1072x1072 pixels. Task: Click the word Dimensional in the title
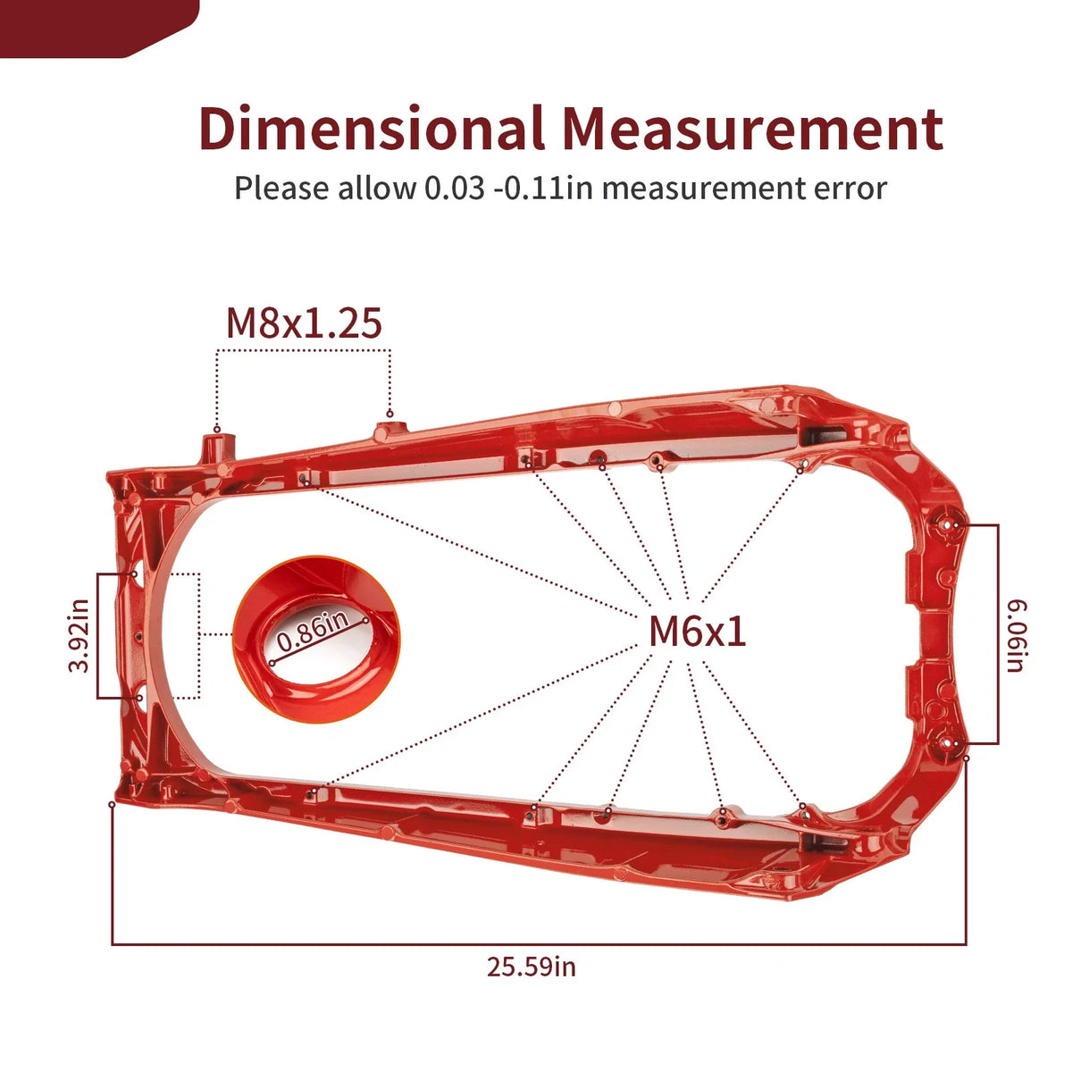coord(372,128)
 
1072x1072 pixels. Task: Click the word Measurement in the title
coord(752,129)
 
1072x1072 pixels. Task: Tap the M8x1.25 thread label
coord(304,323)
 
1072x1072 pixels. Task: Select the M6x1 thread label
coord(697,632)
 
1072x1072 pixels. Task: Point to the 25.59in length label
coord(532,967)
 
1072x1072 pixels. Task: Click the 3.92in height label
coord(79,635)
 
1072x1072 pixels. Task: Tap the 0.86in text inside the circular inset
coord(314,631)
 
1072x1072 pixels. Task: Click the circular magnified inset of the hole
coord(316,640)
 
